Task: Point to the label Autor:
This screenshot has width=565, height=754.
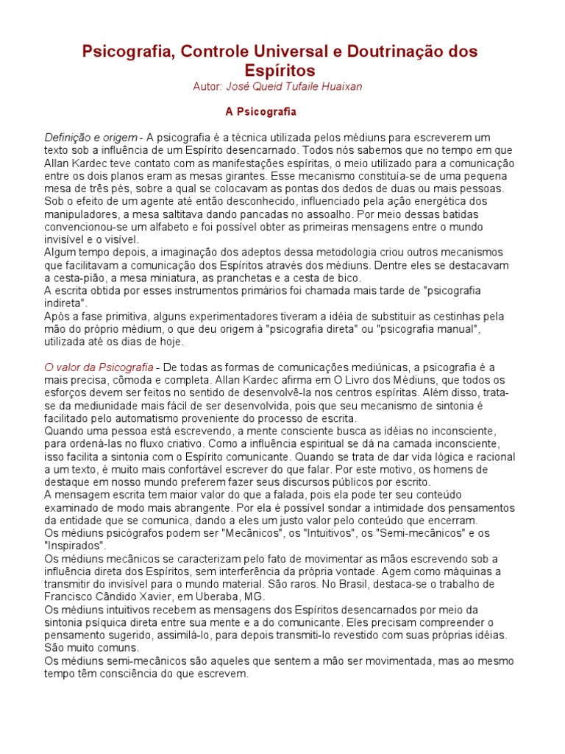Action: click(x=207, y=87)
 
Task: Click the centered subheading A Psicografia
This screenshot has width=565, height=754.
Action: click(x=260, y=113)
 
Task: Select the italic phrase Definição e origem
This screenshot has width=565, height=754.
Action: click(x=90, y=138)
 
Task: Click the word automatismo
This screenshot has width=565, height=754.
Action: click(x=141, y=418)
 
